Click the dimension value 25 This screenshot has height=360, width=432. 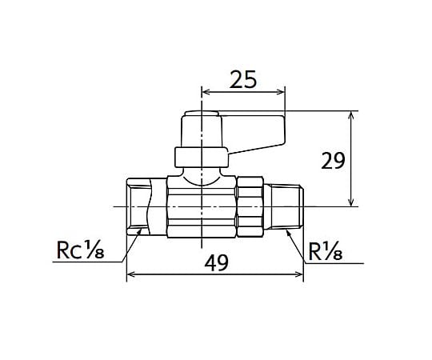click(243, 79)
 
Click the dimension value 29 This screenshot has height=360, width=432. click(333, 161)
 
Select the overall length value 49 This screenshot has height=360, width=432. click(216, 262)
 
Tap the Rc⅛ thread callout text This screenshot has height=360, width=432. click(80, 250)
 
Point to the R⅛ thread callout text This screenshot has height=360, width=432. click(326, 252)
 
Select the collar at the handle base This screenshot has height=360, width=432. click(202, 158)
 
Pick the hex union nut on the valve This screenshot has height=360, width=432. click(250, 206)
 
